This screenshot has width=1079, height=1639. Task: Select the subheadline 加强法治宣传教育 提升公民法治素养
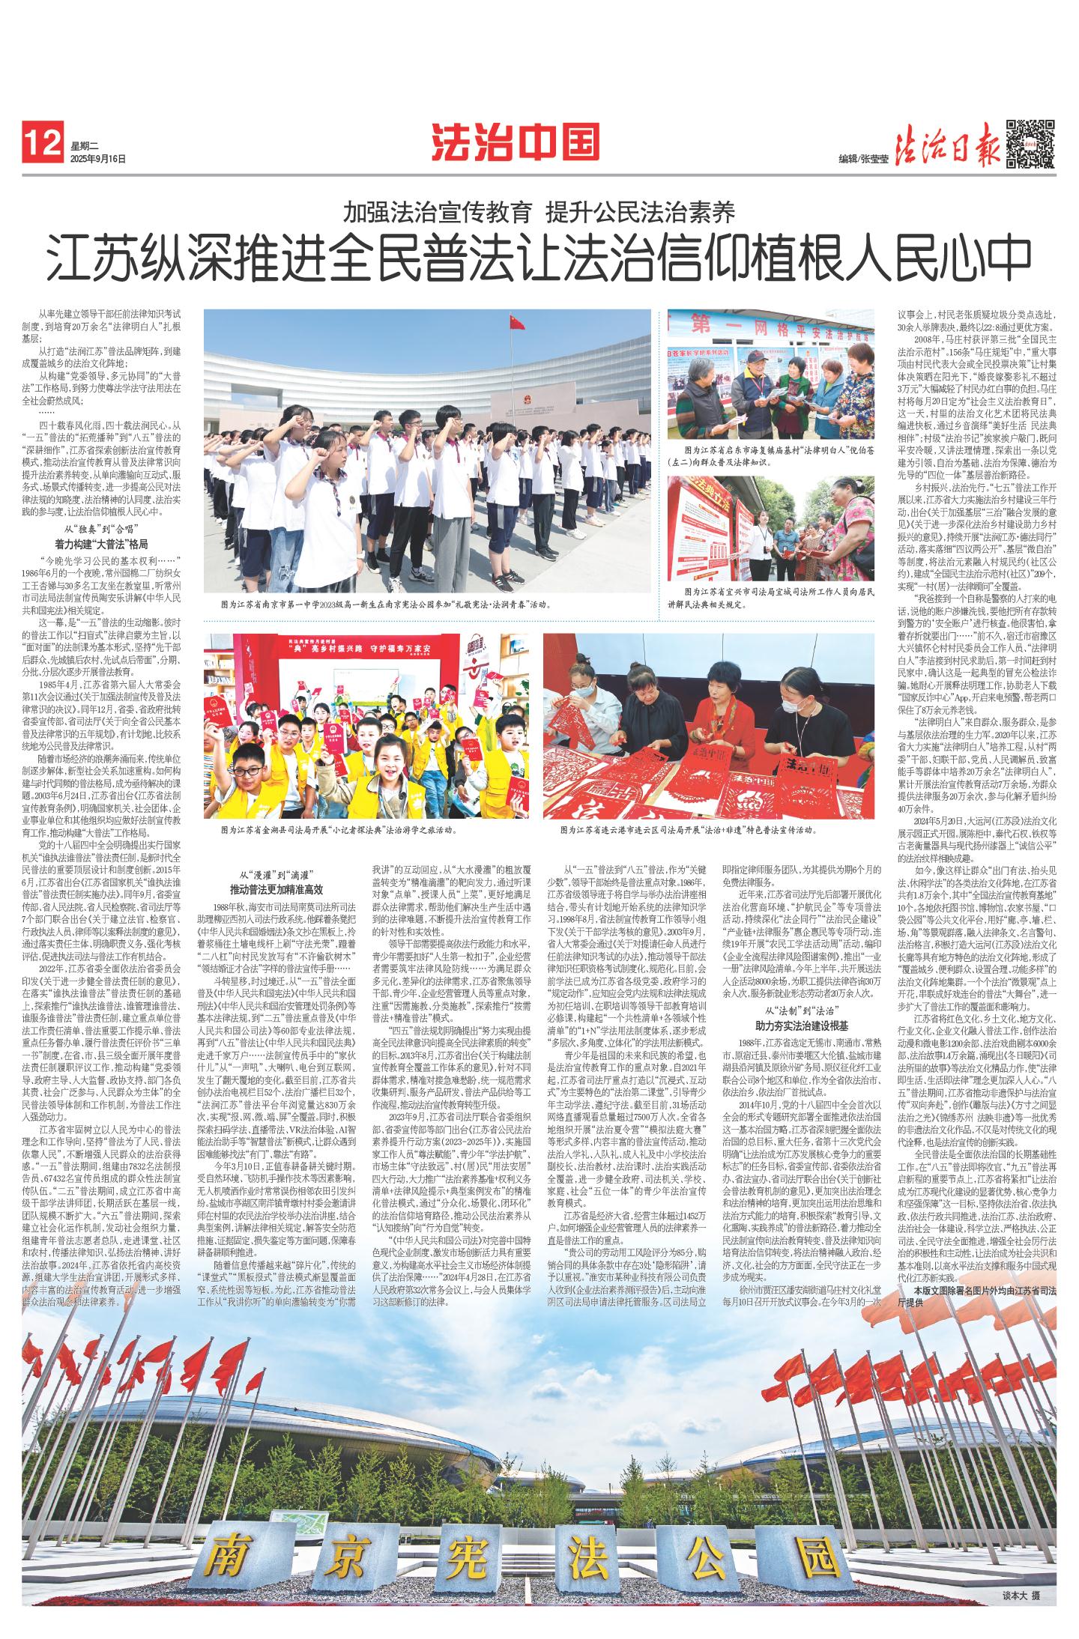[x=539, y=213]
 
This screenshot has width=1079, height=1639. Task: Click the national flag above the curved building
[x=516, y=324]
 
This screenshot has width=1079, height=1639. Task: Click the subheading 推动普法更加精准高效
[x=276, y=890]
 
